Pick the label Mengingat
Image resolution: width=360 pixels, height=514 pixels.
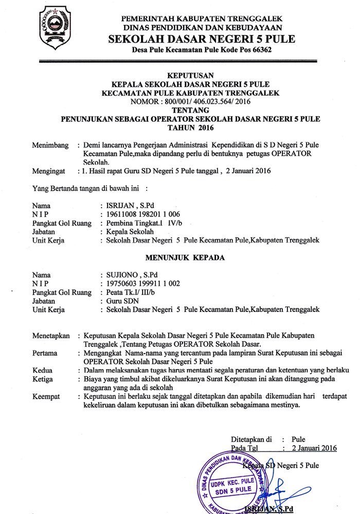pos(49,171)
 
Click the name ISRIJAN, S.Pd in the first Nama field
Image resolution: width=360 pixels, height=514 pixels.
pos(126,205)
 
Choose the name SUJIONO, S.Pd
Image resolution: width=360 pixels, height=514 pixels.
pos(128,274)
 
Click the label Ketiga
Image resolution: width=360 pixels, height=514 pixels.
pos(43,379)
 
